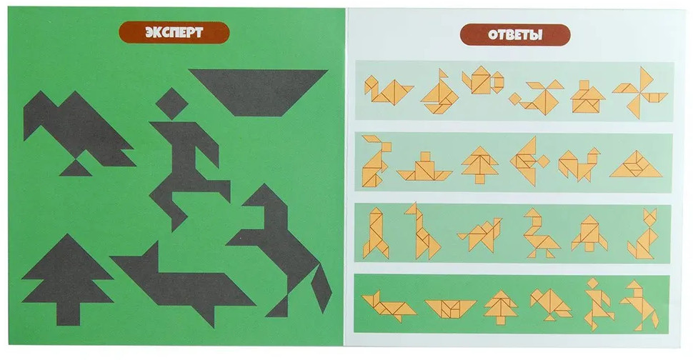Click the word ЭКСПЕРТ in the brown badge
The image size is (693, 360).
(174, 32)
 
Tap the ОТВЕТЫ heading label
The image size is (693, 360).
(515, 35)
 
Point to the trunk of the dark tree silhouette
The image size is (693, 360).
(69, 314)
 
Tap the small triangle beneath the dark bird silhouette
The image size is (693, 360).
(76, 168)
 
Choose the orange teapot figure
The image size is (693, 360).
(483, 80)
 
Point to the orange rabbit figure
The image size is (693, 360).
(375, 160)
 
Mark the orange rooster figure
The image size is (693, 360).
(579, 164)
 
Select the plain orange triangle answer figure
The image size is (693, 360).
(636, 164)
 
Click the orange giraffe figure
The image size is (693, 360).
(422, 231)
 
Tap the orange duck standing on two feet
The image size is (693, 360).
(539, 234)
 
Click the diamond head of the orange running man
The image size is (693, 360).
(592, 283)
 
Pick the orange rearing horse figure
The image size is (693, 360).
(640, 305)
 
